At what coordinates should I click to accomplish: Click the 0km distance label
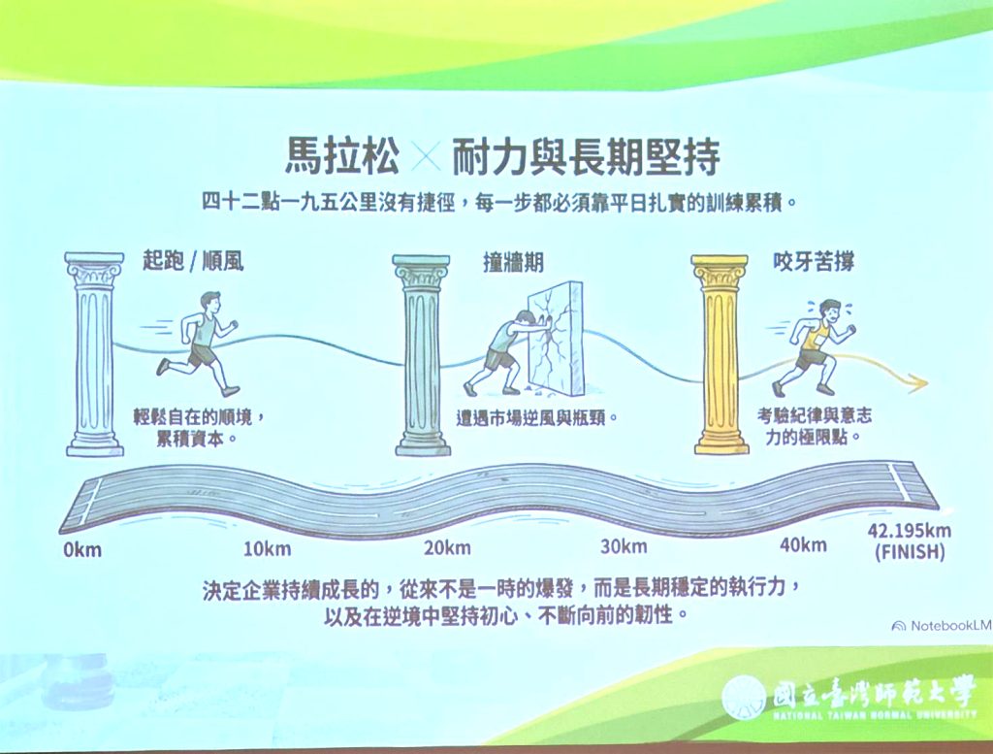click(82, 549)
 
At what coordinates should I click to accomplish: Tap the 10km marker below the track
click(267, 548)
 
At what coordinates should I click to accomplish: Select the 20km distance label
click(448, 546)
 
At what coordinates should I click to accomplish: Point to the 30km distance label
click(624, 545)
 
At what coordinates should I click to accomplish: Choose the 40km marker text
click(803, 543)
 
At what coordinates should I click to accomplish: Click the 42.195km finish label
click(910, 541)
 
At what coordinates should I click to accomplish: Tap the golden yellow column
click(720, 355)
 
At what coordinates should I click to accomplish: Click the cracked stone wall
click(555, 336)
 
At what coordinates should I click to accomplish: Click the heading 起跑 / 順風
click(193, 260)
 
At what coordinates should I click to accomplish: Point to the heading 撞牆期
click(513, 262)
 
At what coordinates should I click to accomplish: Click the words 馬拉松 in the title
click(342, 156)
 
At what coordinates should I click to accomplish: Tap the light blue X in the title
click(426, 156)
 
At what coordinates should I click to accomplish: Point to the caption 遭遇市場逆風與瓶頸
click(537, 418)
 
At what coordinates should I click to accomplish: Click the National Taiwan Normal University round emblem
click(745, 699)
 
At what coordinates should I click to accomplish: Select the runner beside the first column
click(198, 344)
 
